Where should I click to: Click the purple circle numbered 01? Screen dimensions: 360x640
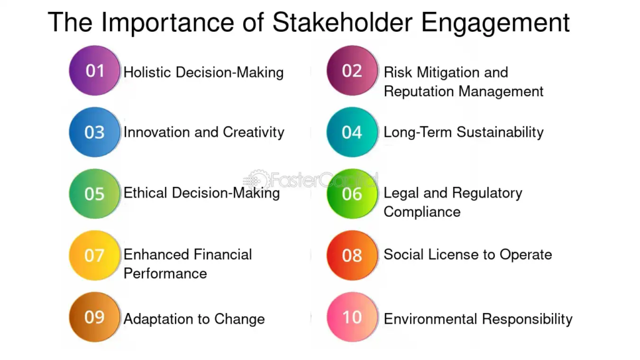point(94,71)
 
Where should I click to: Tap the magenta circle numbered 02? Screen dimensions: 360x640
point(352,71)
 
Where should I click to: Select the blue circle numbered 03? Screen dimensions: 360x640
point(94,132)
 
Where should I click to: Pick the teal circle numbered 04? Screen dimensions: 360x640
point(352,132)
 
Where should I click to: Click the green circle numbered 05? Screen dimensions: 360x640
point(94,193)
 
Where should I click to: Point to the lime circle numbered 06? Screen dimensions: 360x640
point(352,193)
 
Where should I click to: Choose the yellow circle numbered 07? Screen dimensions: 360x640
point(94,255)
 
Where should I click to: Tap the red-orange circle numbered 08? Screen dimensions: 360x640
point(352,255)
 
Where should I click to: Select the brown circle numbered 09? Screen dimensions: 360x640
point(94,317)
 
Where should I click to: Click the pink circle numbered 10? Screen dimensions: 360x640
point(352,317)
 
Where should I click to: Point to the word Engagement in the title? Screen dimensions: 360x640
point(495,24)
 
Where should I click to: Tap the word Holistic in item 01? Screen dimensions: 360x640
point(147,72)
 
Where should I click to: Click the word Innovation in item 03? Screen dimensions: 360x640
point(154,132)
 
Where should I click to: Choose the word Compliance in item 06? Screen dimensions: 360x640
point(422,212)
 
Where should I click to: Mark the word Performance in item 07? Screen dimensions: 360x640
point(165,274)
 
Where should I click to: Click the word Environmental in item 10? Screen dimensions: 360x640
point(430,319)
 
